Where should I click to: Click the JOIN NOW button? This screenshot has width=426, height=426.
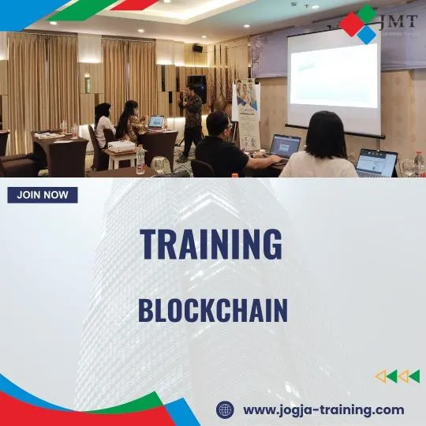point(43,195)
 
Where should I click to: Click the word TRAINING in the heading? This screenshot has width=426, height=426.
point(211,244)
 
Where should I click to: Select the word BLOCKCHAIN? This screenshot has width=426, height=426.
point(213,310)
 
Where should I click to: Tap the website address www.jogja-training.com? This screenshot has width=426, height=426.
point(323,409)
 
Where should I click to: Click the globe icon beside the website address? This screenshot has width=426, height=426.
point(226,409)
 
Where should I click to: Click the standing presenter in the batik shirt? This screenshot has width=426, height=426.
point(191,118)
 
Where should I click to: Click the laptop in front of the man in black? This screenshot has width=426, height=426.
point(284,146)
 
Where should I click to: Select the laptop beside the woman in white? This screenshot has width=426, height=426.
point(376,163)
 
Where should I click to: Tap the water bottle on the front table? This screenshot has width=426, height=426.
point(140,160)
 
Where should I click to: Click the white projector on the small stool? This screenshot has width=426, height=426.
point(121,148)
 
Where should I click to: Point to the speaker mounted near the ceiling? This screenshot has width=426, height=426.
point(197,48)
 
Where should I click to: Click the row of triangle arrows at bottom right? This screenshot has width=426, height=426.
point(397,376)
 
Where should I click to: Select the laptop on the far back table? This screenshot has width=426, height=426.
point(156,123)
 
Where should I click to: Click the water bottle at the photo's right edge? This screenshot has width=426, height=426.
point(419,163)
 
